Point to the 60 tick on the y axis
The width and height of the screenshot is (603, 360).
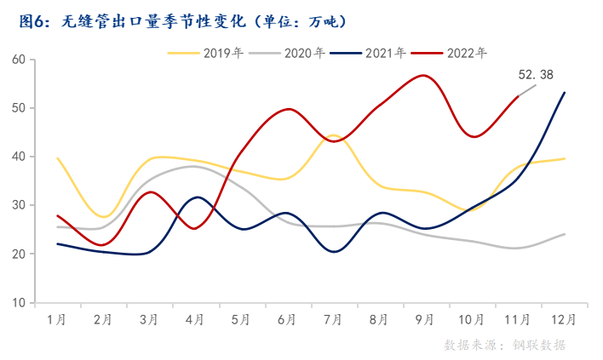point(19,60)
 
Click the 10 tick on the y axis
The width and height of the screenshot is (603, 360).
point(19,302)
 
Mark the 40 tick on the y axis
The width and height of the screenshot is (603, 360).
point(19,157)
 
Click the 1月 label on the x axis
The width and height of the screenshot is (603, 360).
point(57,320)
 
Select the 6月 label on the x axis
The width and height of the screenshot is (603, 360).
point(287,320)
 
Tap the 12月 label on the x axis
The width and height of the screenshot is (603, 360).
point(564,320)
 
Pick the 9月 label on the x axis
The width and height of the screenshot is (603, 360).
point(425,320)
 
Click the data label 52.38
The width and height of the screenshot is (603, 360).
point(537,75)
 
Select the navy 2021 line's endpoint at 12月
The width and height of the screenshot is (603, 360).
point(565,92)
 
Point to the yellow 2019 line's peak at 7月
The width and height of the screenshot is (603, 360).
point(333,134)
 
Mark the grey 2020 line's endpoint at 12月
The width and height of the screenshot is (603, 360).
point(565,234)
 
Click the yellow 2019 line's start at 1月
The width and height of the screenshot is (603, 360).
point(57,158)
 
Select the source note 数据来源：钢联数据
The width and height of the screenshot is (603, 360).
point(504,345)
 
